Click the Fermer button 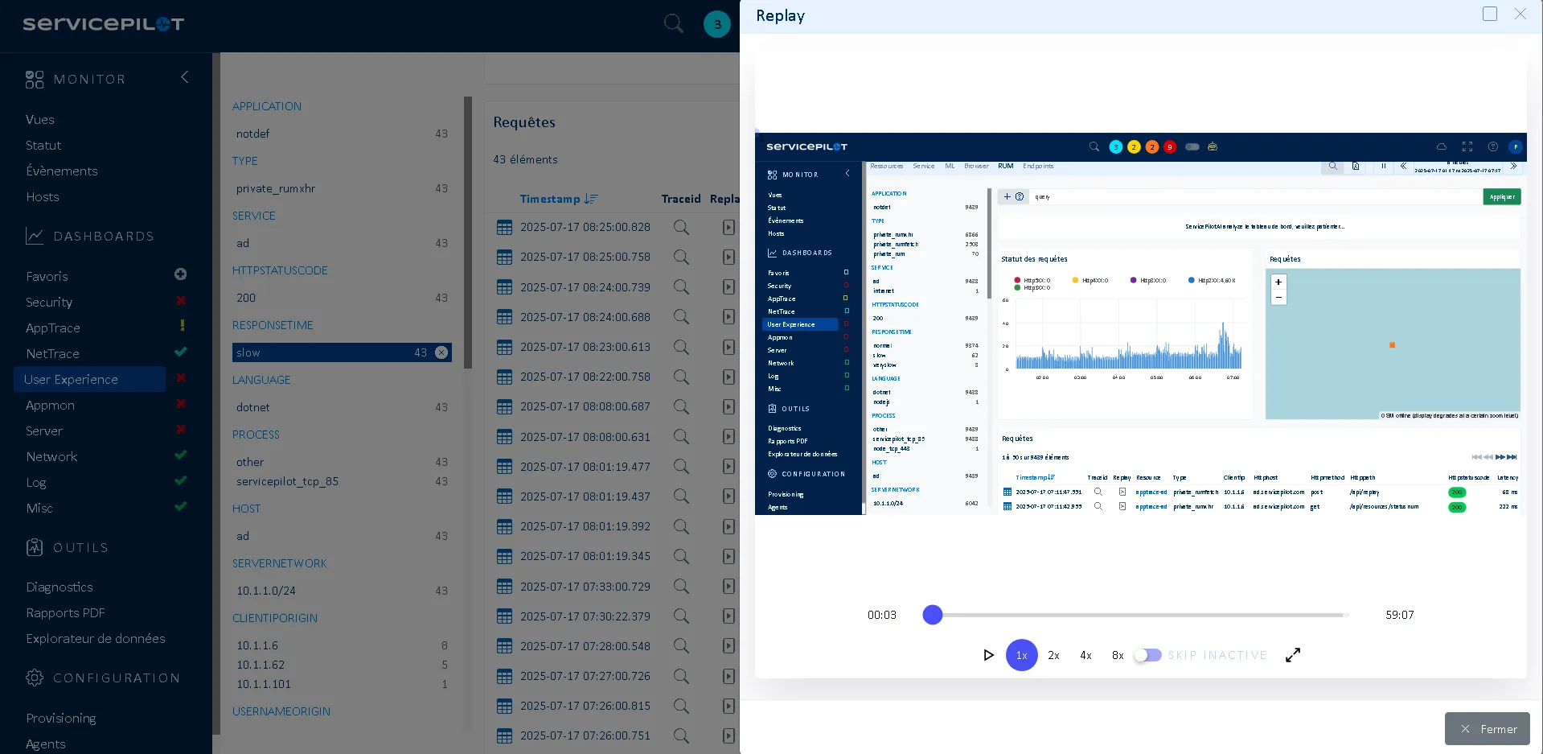[1487, 729]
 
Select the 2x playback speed [1053, 656]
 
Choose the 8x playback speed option [1118, 656]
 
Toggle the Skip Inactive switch [1148, 655]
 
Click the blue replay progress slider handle [933, 615]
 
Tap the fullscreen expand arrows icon [1293, 655]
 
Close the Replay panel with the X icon [1520, 14]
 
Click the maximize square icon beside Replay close [1490, 14]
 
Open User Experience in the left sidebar [71, 379]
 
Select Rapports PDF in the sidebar [65, 612]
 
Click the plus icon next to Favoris [181, 274]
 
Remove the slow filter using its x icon [441, 352]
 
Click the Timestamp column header [550, 199]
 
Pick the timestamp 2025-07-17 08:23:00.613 [585, 347]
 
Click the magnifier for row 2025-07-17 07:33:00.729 [681, 586]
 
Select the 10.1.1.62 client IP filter [261, 665]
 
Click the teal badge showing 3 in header [717, 24]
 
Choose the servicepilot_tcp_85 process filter [287, 481]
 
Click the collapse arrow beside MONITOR [185, 77]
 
